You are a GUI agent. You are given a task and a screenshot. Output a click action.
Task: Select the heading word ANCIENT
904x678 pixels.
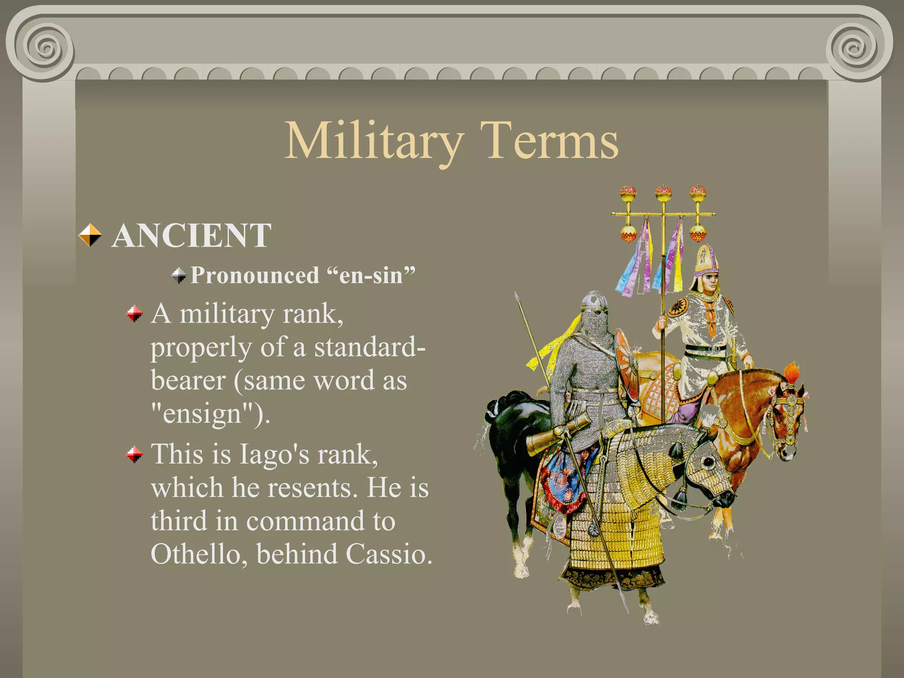point(191,236)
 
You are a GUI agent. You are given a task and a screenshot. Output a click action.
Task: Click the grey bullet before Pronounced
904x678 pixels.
point(179,275)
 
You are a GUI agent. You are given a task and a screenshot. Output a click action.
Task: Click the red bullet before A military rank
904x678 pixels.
point(134,314)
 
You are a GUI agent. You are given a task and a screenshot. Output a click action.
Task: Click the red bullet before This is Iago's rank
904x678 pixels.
point(134,454)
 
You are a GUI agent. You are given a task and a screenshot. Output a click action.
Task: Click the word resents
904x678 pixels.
point(313,488)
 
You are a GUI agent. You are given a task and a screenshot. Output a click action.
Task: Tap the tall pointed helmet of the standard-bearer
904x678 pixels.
point(706,260)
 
